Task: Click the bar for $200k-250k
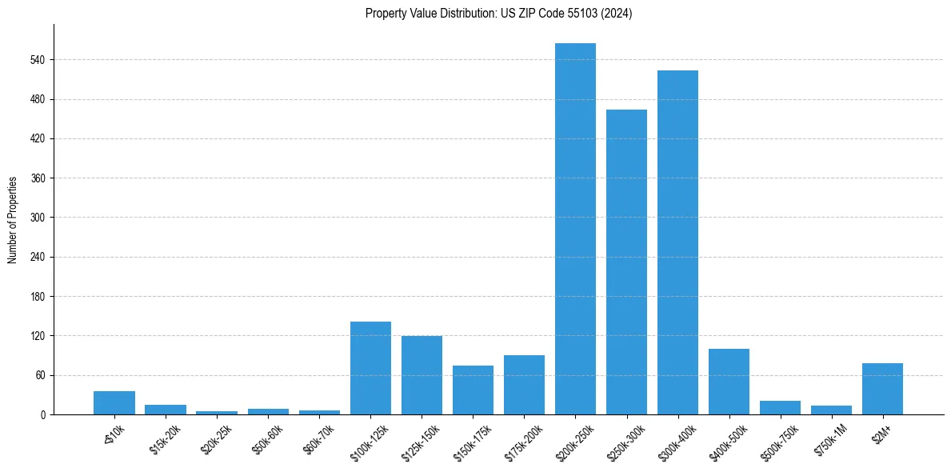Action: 575,229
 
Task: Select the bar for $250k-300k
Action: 626,262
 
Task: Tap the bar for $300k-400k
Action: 677,242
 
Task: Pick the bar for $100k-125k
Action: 370,368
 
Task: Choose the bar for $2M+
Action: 882,389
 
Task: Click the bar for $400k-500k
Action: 729,382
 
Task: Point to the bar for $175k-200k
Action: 524,385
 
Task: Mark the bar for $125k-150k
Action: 422,375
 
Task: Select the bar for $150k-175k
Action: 473,390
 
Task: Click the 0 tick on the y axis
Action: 44,414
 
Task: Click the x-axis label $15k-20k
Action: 165,437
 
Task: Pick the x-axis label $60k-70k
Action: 318,437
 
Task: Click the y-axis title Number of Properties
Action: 12,219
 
